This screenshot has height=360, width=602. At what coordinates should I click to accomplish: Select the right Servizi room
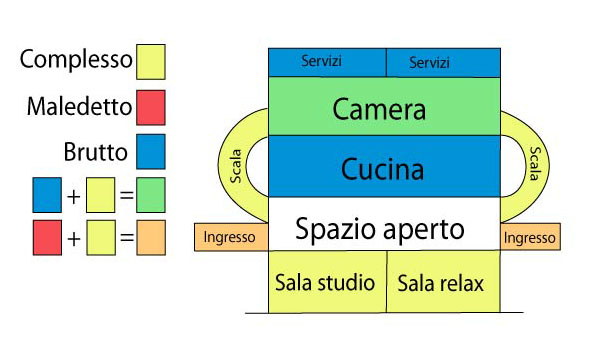click(443, 62)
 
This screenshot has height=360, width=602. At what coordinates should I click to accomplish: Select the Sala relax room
click(441, 283)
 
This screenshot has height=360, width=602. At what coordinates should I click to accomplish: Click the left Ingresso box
click(230, 238)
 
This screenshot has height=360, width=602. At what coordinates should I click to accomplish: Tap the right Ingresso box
click(530, 238)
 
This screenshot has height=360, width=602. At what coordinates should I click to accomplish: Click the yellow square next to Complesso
click(150, 61)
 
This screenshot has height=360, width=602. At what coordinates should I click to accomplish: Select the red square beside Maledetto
click(150, 106)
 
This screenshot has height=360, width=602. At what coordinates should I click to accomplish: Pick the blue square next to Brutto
click(150, 153)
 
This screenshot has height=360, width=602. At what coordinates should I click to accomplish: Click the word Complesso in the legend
click(76, 59)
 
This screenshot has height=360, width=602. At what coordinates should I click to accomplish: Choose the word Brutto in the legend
click(94, 153)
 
